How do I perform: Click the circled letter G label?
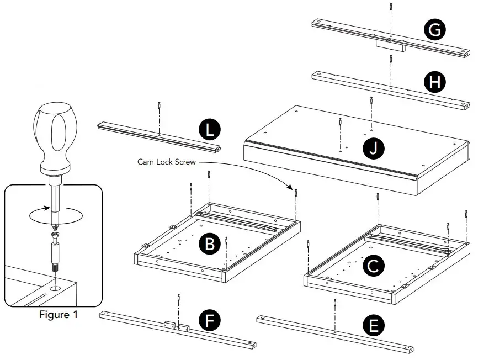435,30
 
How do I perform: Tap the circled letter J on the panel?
374,147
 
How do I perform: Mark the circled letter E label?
374,326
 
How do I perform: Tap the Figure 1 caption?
58,315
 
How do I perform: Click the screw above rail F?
179,299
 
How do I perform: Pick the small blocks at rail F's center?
177,326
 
